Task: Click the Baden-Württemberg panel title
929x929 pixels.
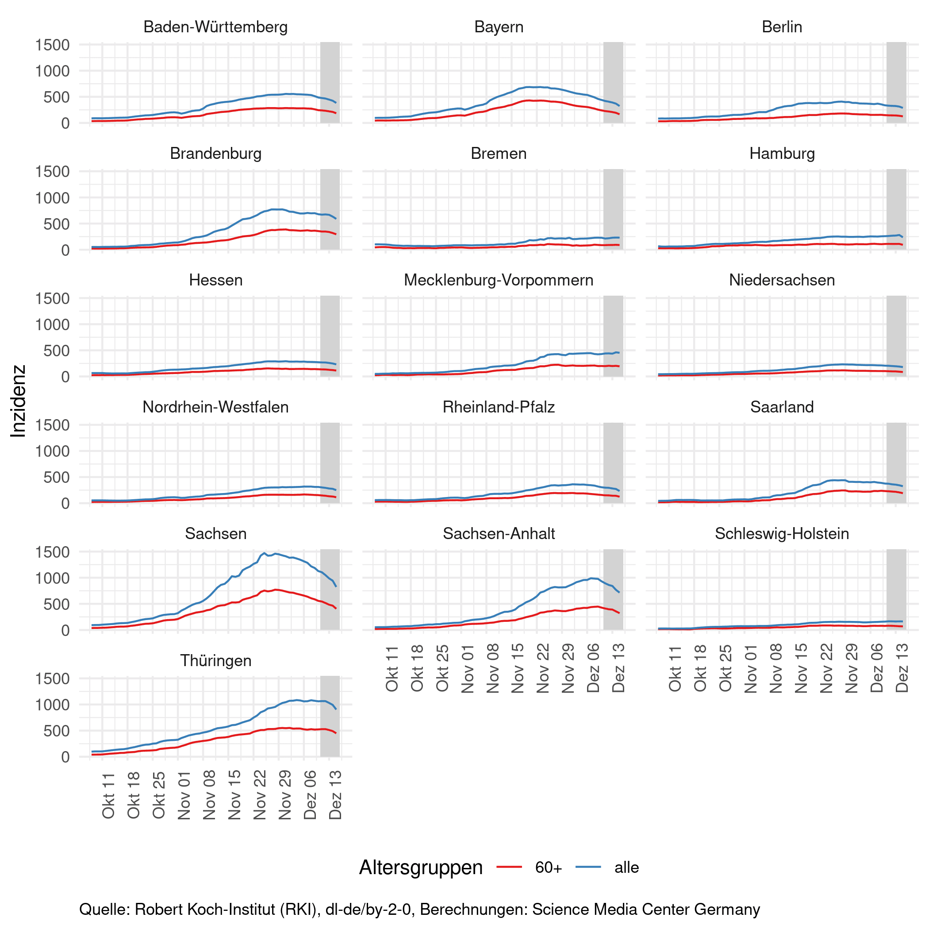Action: point(215,27)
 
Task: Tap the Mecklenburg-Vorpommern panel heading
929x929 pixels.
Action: point(499,280)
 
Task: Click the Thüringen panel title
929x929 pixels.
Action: point(215,660)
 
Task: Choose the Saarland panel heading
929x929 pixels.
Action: point(782,407)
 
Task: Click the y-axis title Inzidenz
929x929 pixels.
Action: point(18,401)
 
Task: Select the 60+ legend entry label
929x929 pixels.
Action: point(549,867)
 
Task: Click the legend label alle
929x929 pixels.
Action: point(626,867)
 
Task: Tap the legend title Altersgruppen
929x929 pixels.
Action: point(421,867)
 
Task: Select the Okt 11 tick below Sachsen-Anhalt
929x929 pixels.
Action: point(392,668)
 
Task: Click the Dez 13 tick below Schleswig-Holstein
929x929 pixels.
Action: point(902,668)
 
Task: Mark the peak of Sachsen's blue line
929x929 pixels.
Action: point(265,553)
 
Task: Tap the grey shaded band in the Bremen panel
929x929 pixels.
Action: point(613,209)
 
